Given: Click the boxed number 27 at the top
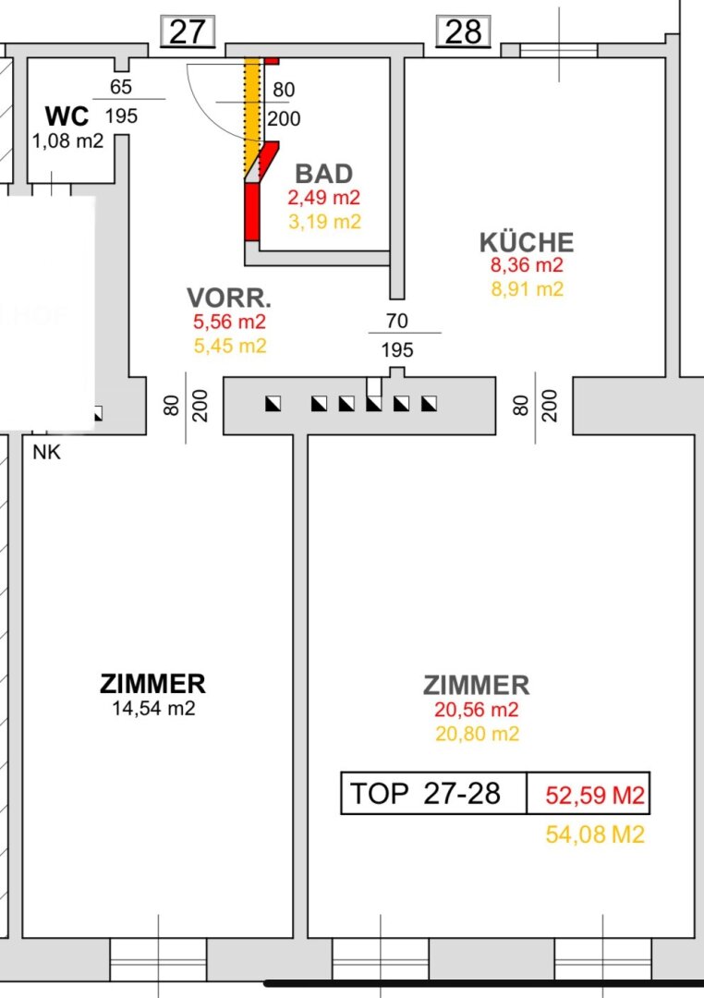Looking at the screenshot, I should (x=188, y=32).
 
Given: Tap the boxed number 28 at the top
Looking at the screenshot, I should (x=464, y=32).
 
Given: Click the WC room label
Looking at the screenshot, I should (x=67, y=116).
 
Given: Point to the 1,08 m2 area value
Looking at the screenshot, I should (x=67, y=140).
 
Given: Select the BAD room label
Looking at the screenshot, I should (x=323, y=173).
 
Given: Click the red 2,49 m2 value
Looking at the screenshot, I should (x=323, y=197).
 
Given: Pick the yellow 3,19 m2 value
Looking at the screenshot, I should (x=323, y=221).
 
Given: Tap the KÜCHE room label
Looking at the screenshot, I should (x=527, y=242).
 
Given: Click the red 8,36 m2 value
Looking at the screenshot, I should (x=527, y=265).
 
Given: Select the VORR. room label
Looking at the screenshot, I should (x=228, y=298).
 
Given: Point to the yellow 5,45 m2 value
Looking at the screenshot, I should (x=228, y=346).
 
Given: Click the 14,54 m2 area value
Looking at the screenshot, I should (x=152, y=709).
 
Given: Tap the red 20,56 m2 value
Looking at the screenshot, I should (x=476, y=710).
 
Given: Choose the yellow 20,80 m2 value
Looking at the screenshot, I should (x=476, y=734).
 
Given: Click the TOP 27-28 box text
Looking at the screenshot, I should (x=425, y=793).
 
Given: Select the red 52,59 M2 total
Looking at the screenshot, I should (x=595, y=795).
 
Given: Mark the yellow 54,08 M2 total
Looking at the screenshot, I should (x=595, y=835).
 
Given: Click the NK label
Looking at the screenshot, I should (x=43, y=453).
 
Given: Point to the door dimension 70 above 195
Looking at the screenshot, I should (x=397, y=322).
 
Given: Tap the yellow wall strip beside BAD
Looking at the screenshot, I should (x=252, y=116).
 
